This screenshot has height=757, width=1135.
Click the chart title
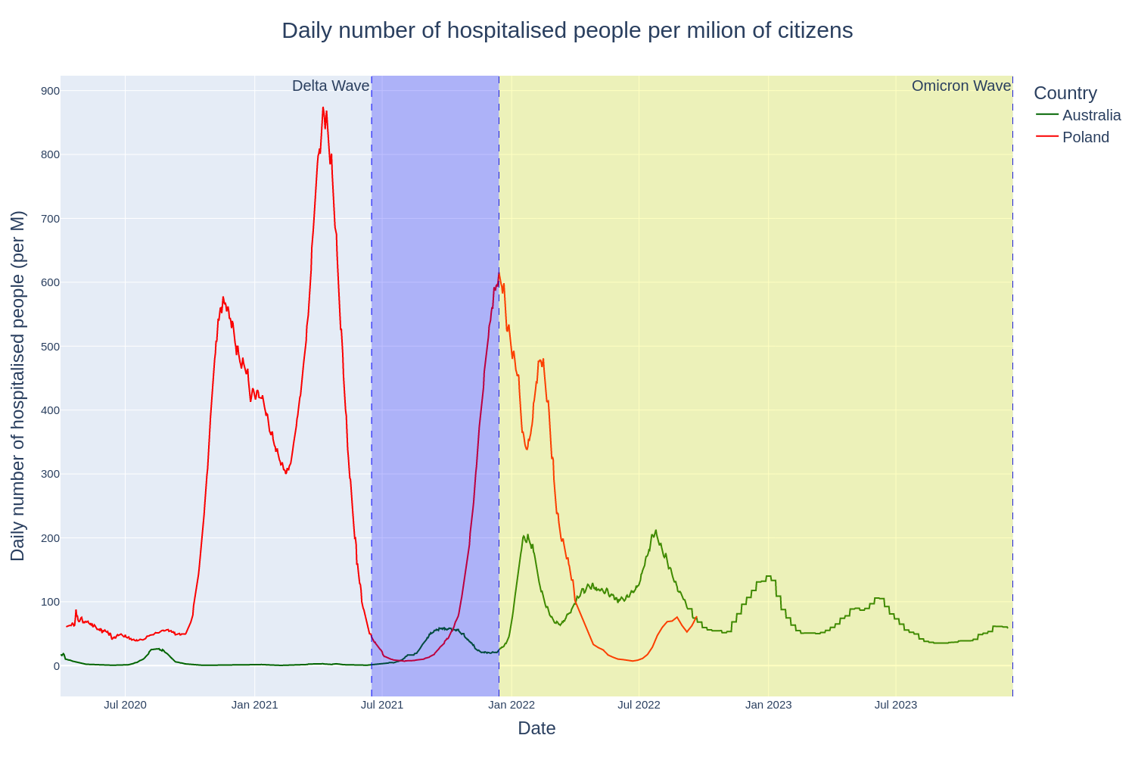point(567,30)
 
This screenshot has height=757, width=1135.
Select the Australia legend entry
point(1091,115)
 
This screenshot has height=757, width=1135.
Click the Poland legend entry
point(1085,137)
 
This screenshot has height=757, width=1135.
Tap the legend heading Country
point(1065,93)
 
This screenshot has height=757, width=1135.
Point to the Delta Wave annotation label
point(331,86)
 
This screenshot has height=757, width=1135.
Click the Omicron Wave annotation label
point(961,86)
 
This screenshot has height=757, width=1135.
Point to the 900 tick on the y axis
point(50,91)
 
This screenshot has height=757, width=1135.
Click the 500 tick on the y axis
point(50,347)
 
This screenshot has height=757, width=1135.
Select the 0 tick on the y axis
point(56,666)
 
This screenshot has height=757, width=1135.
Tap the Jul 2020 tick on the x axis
point(125,705)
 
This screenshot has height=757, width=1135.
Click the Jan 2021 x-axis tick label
point(254,705)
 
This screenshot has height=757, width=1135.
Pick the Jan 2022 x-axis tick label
point(512,705)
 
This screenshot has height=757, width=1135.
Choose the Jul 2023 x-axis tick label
point(895,705)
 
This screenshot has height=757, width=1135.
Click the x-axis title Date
point(536,728)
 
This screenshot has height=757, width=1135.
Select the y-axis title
point(17,385)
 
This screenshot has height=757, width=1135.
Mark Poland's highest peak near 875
point(323,107)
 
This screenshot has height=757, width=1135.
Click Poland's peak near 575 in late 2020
point(222,298)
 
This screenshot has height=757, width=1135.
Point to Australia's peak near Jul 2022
point(655,531)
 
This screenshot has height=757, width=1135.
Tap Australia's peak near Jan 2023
point(768,576)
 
